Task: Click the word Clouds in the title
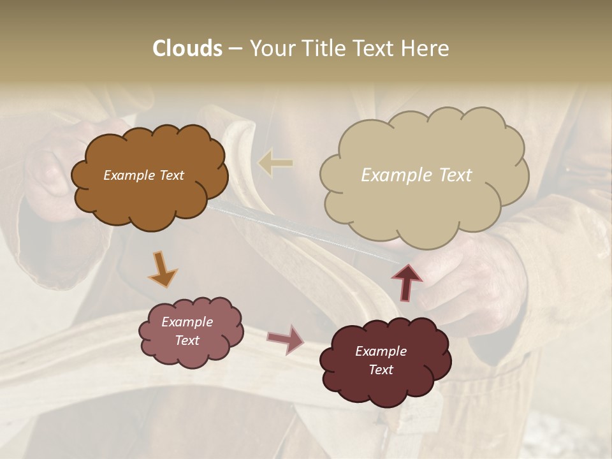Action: [187, 48]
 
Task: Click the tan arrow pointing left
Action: [275, 163]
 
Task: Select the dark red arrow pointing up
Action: [406, 281]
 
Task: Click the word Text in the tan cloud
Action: [455, 175]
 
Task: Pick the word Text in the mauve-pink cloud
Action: [187, 340]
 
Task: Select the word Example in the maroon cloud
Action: [381, 351]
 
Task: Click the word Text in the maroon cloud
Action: [381, 370]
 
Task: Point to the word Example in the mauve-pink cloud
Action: [187, 322]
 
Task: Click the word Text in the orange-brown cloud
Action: [171, 175]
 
